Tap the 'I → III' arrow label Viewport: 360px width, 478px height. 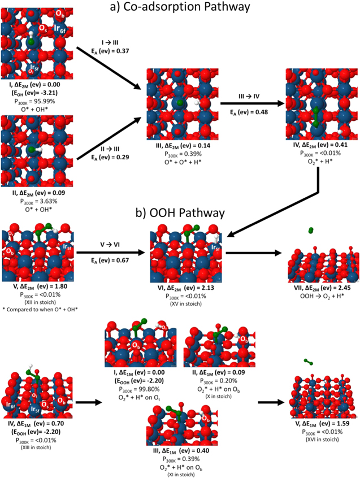(106, 42)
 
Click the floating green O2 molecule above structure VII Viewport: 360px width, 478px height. (311, 231)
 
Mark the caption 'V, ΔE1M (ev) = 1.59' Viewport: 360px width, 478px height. (322, 422)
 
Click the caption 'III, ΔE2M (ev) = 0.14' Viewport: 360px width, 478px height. (178, 145)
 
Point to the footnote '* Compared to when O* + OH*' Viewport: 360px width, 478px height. (39, 308)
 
